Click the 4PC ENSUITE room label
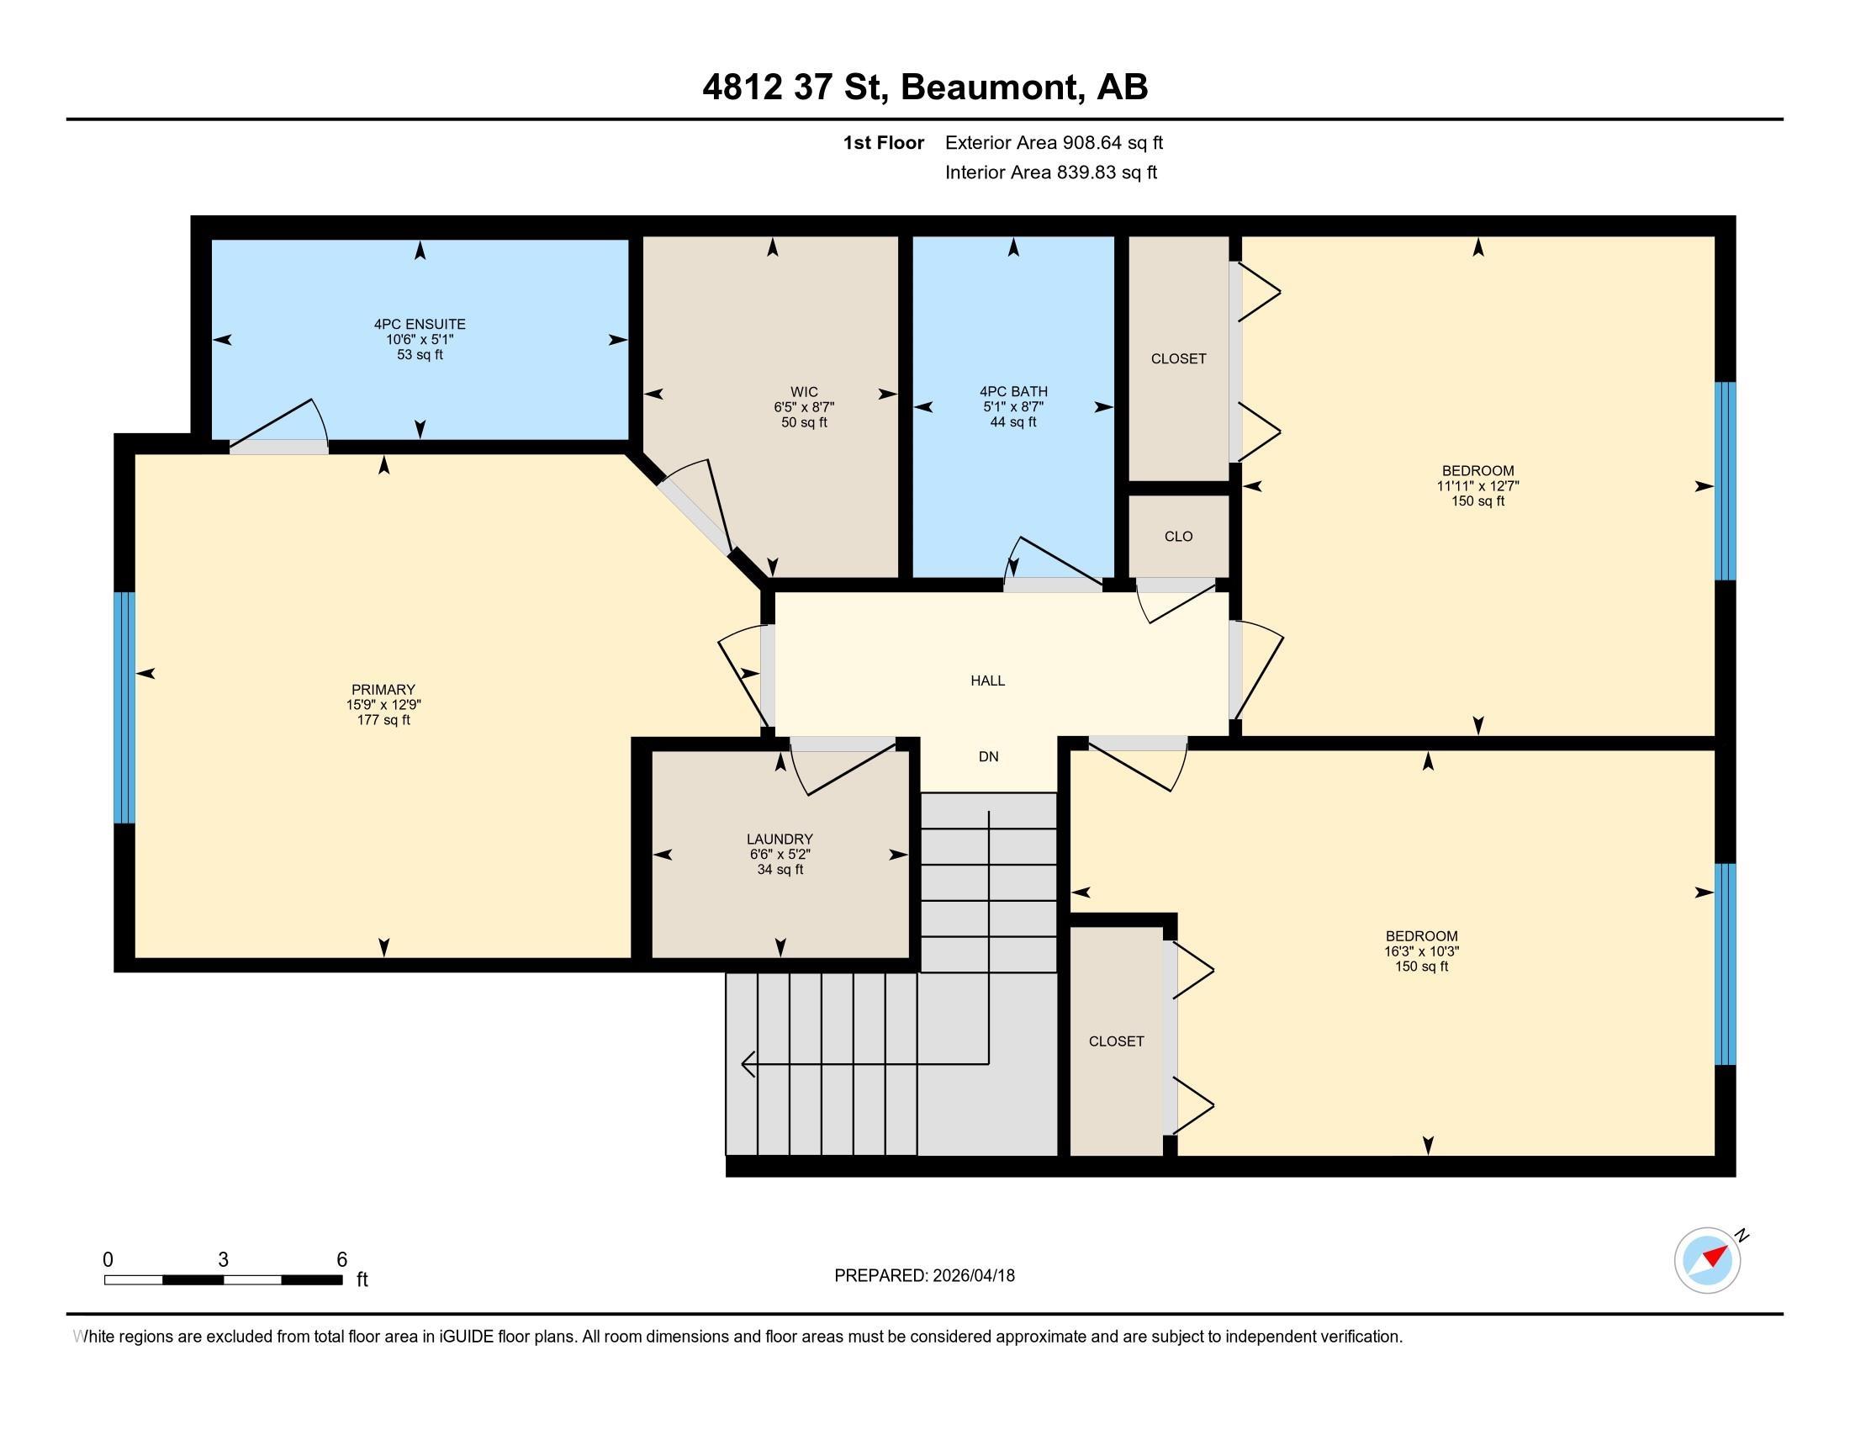click(420, 325)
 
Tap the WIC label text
click(804, 391)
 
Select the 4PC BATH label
click(1013, 391)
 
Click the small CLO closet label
click(1178, 537)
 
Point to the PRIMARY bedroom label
click(383, 690)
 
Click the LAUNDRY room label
click(780, 839)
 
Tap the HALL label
click(988, 681)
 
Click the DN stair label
click(988, 756)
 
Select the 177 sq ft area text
click(383, 720)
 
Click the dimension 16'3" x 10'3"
click(1421, 951)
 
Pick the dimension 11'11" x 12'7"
click(1477, 486)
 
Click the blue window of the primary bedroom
click(124, 707)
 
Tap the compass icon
click(1707, 1261)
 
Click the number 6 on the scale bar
click(341, 1260)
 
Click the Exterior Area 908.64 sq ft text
click(1054, 142)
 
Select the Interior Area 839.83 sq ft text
click(1050, 172)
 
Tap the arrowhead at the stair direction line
click(747, 1063)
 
